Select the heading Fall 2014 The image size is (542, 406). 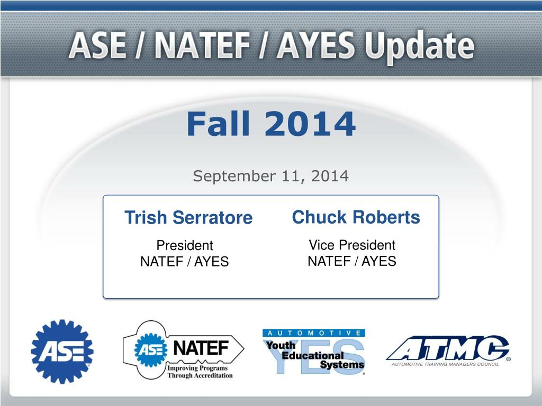(270, 124)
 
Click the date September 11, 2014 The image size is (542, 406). (270, 176)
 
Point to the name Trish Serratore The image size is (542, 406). (188, 218)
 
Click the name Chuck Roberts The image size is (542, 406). (356, 217)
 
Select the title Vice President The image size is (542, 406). (352, 245)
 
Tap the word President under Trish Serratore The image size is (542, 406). (184, 246)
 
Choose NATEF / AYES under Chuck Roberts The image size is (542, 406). (352, 261)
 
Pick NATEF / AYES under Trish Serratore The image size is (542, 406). (184, 262)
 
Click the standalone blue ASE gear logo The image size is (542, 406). (62, 351)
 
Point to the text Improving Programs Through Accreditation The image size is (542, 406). (200, 372)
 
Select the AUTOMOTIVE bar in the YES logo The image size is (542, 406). (313, 333)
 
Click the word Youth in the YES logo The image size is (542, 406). (281, 346)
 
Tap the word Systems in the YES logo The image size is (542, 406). (342, 365)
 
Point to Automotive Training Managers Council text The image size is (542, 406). (445, 364)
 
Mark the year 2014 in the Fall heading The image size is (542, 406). (310, 124)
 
